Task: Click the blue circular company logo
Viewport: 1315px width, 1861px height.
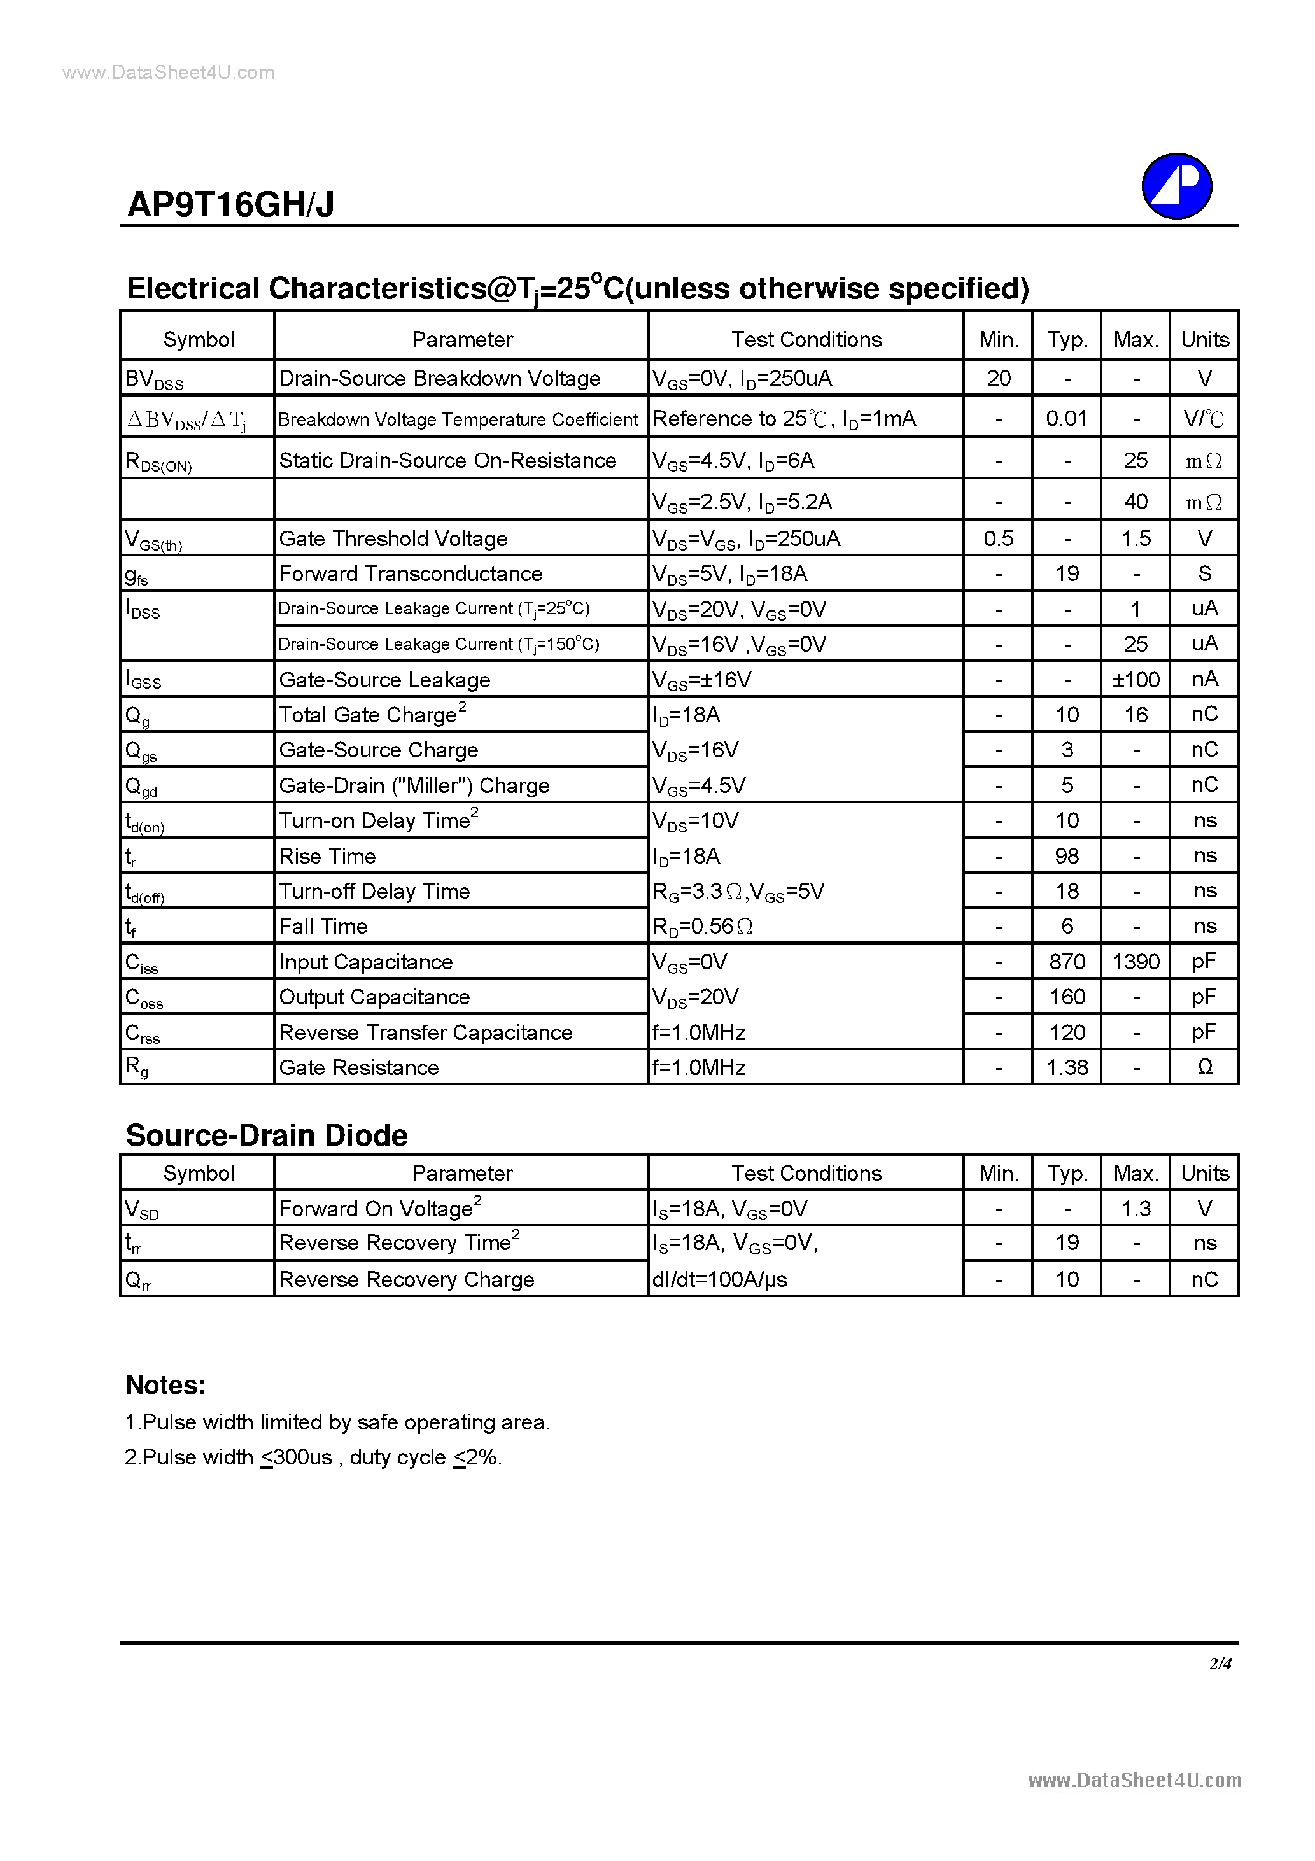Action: point(1176,186)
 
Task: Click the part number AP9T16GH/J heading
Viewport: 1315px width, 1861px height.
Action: point(231,204)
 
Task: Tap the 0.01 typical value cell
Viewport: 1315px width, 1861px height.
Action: point(1066,418)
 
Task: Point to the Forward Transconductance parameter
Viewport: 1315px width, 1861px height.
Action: point(411,574)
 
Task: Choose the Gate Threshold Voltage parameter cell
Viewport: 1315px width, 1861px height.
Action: point(393,539)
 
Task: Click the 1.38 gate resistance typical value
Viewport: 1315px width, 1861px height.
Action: point(1067,1067)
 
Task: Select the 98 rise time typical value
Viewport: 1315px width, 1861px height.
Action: point(1067,856)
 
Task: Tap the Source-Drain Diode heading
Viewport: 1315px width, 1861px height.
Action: point(267,1135)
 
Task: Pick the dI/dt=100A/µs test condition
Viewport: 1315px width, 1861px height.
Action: point(720,1279)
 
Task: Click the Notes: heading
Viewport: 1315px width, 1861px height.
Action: point(166,1385)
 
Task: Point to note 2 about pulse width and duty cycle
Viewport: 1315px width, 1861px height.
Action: point(313,1457)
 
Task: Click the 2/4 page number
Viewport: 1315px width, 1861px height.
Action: point(1220,1663)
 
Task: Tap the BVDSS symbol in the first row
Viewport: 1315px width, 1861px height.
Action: point(154,379)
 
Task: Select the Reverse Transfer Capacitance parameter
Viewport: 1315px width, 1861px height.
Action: point(426,1032)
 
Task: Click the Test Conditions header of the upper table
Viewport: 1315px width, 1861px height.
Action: point(806,340)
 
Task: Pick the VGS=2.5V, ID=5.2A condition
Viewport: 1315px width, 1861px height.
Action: point(742,502)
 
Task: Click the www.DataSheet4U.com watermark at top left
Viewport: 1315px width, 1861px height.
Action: point(169,73)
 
